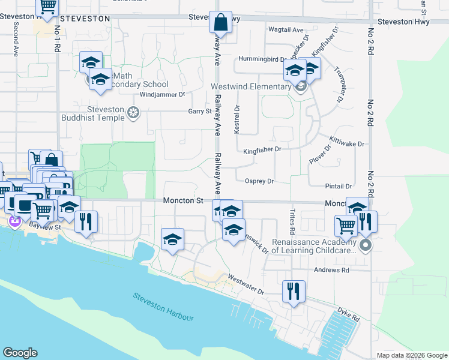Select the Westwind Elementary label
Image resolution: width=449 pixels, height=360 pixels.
click(x=250, y=86)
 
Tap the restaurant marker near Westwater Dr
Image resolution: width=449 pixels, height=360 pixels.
click(x=292, y=292)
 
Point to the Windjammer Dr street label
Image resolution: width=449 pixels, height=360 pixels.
click(x=162, y=95)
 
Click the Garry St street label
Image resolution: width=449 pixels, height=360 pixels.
click(x=200, y=111)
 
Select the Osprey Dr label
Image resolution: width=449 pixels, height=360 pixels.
click(x=259, y=181)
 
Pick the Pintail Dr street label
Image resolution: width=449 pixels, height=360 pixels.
click(x=339, y=187)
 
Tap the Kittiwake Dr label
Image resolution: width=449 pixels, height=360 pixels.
click(x=347, y=145)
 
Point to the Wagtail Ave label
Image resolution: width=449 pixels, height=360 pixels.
click(x=286, y=29)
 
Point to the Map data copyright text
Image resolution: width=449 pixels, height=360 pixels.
click(x=411, y=355)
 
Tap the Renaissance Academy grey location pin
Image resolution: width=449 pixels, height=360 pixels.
click(x=365, y=245)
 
